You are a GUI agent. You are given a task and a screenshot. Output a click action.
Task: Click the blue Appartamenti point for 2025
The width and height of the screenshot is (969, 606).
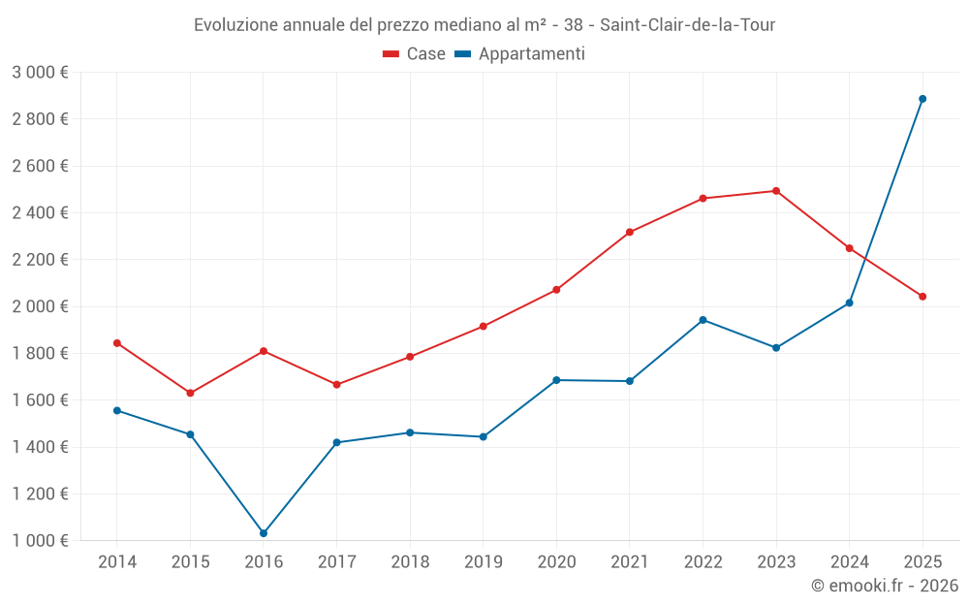pyautogui.click(x=922, y=99)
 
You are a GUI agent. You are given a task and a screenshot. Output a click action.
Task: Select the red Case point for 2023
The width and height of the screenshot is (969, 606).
pyautogui.click(x=776, y=191)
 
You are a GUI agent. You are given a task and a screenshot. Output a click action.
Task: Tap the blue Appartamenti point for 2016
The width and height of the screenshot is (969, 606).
pyautogui.click(x=264, y=533)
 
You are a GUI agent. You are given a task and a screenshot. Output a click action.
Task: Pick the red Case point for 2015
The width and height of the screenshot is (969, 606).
pyautogui.click(x=190, y=393)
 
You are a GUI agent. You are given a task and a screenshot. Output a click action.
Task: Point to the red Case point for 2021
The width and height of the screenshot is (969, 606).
pyautogui.click(x=630, y=232)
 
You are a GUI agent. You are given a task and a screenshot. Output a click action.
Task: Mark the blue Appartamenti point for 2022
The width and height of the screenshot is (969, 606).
pyautogui.click(x=703, y=320)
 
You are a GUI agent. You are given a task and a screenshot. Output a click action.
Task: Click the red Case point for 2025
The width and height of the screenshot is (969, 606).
pyautogui.click(x=922, y=297)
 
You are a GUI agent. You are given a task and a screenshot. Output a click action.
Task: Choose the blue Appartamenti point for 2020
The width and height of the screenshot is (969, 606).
pyautogui.click(x=556, y=380)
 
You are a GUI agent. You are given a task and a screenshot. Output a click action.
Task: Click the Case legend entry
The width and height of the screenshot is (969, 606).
pyautogui.click(x=415, y=54)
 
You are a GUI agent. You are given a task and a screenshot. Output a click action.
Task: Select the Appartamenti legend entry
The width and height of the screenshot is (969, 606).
pyautogui.click(x=520, y=54)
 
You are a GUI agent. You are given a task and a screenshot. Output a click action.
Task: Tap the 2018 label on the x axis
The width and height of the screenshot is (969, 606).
pyautogui.click(x=410, y=561)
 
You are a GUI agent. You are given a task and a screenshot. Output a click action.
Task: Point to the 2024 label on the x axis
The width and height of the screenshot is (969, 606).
pyautogui.click(x=849, y=561)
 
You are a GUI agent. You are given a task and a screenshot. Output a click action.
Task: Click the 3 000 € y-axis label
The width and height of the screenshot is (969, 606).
pyautogui.click(x=40, y=72)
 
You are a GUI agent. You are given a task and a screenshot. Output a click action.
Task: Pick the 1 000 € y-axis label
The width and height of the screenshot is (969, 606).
pyautogui.click(x=40, y=541)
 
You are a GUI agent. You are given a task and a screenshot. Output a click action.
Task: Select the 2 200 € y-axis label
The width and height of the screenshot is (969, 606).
pyautogui.click(x=40, y=260)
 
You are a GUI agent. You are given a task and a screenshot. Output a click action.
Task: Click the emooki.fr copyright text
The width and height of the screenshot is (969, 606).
pyautogui.click(x=885, y=586)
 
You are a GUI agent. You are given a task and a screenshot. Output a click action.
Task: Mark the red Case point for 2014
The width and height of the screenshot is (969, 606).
pyautogui.click(x=117, y=343)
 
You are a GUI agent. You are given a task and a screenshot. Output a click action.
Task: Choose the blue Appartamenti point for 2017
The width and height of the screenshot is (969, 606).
pyautogui.click(x=336, y=442)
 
